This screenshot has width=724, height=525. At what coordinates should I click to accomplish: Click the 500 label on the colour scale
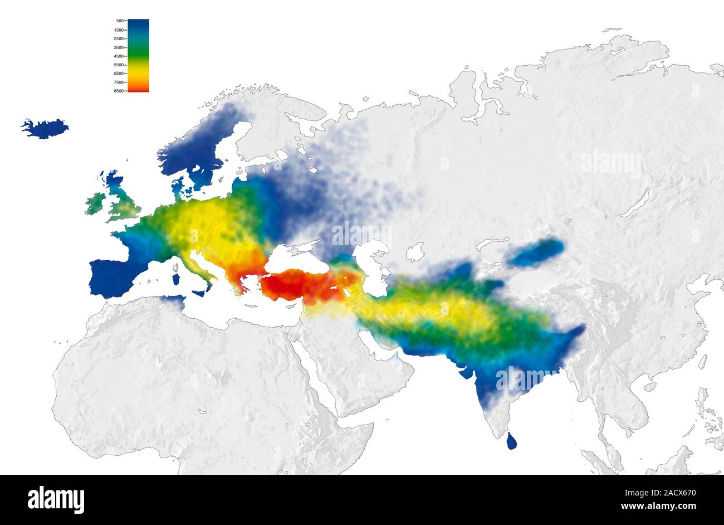click(x=119, y=21)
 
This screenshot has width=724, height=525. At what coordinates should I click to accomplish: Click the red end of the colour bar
click(x=138, y=87)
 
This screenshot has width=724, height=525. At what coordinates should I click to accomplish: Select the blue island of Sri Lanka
click(x=511, y=442)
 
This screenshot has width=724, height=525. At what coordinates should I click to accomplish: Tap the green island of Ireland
click(x=95, y=203)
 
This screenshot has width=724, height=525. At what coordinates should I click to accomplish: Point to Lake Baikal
click(x=635, y=203)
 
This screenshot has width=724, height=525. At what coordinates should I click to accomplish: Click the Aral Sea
click(x=414, y=252)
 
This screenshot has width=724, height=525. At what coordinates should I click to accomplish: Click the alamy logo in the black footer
click(x=56, y=499)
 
